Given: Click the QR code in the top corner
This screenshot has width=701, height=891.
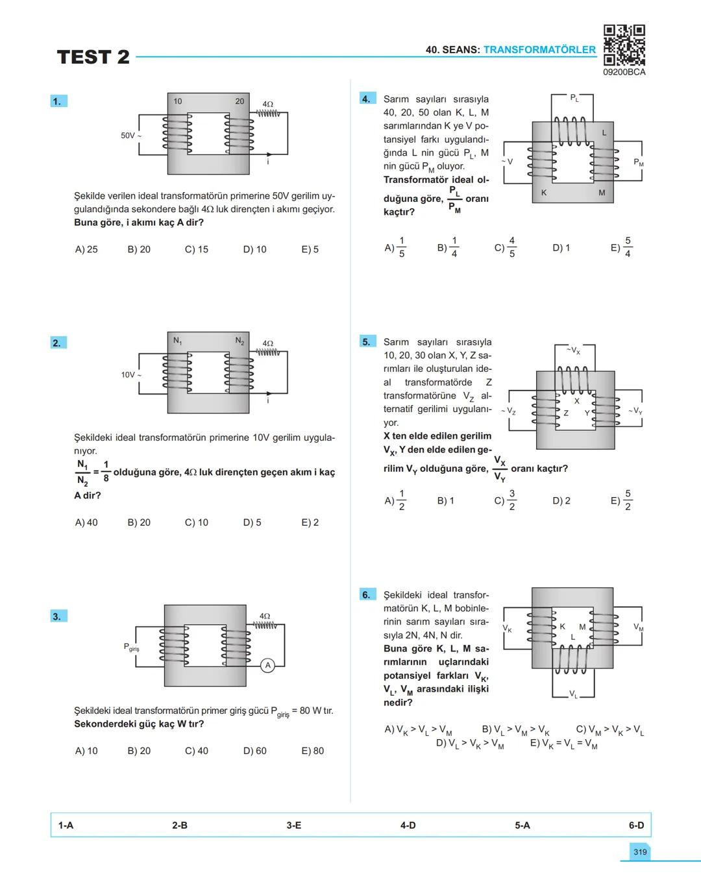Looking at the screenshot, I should (x=624, y=45).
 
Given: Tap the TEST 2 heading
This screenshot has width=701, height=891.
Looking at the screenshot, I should (x=93, y=57).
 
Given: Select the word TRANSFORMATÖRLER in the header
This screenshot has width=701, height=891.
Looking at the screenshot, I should (x=539, y=50).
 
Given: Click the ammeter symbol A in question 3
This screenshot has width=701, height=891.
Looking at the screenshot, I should (x=267, y=665).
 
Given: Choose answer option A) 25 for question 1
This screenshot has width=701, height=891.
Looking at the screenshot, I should (x=86, y=249).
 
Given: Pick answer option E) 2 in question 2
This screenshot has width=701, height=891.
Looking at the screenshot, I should (x=310, y=522).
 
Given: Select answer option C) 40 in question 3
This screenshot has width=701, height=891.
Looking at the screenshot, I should (x=197, y=751).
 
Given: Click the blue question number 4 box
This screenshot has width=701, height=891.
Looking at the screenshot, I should (x=367, y=99).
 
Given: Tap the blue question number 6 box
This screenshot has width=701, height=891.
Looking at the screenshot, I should (x=367, y=594).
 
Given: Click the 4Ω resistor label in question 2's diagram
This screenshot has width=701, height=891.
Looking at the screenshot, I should (x=267, y=343).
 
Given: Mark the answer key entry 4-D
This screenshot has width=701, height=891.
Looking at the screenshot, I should (x=408, y=825).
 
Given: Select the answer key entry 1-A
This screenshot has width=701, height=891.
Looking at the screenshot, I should (x=66, y=825).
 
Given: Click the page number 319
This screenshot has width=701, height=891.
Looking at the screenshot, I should (x=640, y=852).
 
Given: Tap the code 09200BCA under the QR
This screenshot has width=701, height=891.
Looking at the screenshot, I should (x=624, y=73).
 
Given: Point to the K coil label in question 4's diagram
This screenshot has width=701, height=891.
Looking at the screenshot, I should (x=544, y=193).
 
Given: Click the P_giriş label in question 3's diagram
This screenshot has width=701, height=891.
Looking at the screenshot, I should (x=131, y=647).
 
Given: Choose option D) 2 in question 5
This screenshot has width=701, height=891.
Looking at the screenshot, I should (x=561, y=501).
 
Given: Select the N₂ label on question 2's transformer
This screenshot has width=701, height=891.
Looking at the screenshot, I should (x=240, y=341).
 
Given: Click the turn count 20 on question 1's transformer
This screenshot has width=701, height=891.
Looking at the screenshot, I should (x=240, y=101).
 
